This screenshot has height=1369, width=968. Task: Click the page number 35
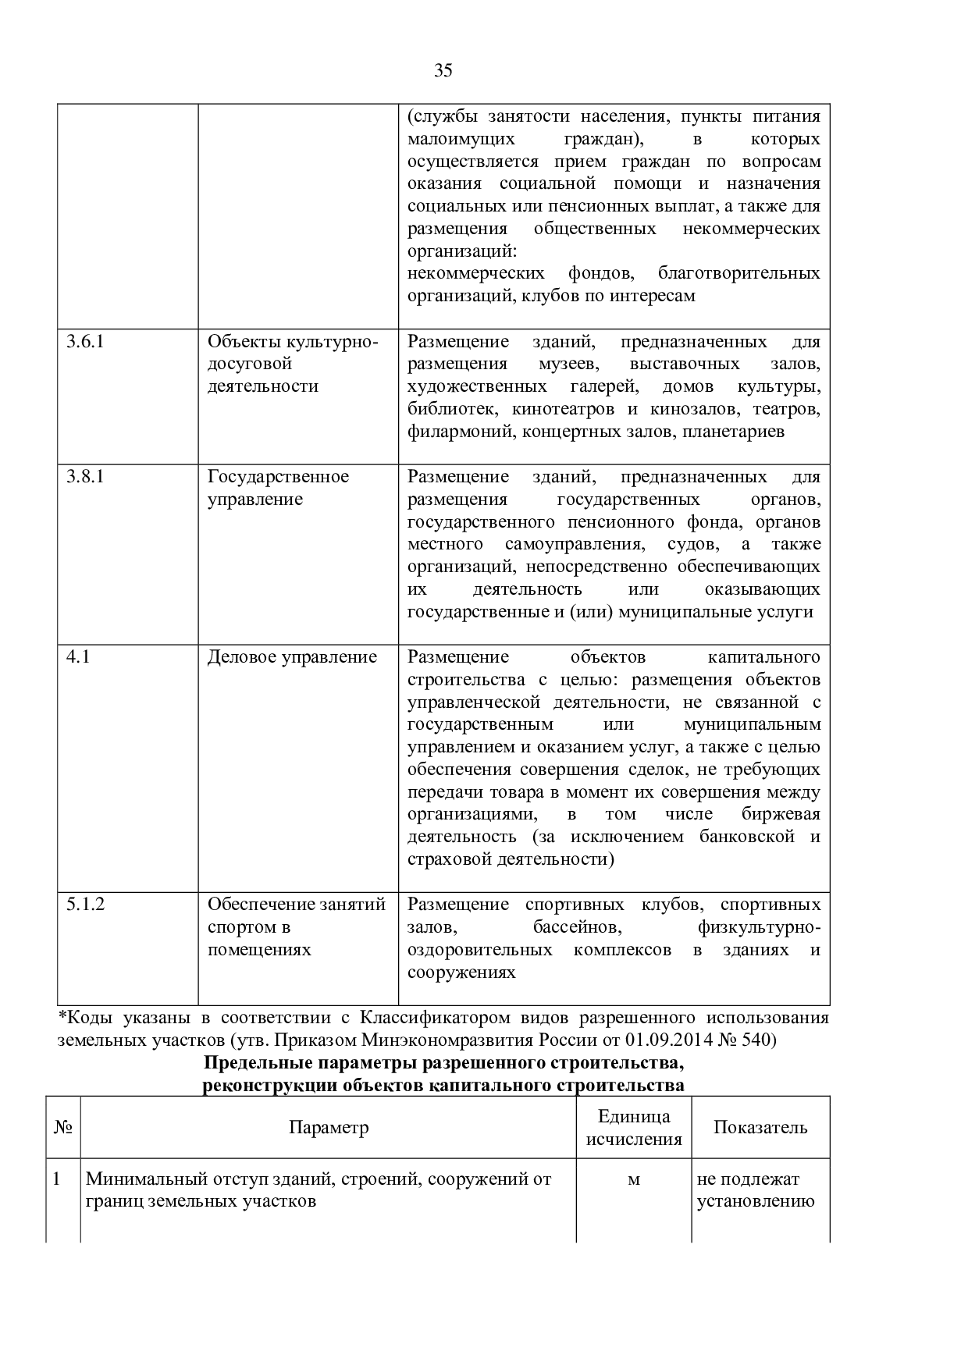click(x=443, y=71)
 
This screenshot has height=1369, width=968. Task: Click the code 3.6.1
click(x=85, y=341)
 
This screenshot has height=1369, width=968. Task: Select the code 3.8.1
click(x=85, y=476)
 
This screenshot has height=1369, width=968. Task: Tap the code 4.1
click(x=78, y=656)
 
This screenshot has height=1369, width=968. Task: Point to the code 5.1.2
click(x=85, y=904)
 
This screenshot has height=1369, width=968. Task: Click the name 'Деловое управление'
click(x=292, y=656)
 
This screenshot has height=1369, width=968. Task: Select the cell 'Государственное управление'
click(x=278, y=488)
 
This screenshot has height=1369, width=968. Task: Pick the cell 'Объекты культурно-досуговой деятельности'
click(x=292, y=364)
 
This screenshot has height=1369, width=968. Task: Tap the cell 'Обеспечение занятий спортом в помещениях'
click(x=296, y=926)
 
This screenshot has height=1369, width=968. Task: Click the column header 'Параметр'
click(x=329, y=1127)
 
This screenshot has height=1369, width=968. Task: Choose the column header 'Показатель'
click(x=760, y=1127)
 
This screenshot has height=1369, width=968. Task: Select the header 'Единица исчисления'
click(x=634, y=1128)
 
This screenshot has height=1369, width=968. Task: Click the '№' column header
click(x=63, y=1127)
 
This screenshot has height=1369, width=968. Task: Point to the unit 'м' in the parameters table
click(x=634, y=1179)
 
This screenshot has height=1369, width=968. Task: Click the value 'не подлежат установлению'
click(x=755, y=1189)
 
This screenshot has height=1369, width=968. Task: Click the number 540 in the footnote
click(x=755, y=1040)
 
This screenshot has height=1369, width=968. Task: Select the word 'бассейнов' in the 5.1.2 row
click(x=577, y=926)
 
